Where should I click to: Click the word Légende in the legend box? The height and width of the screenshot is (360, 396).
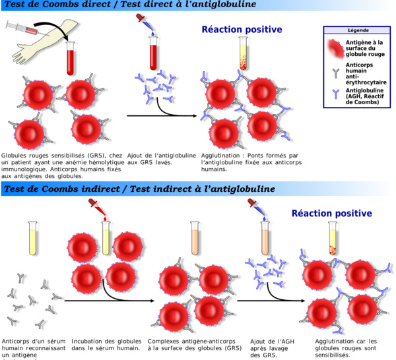click(x=355, y=30)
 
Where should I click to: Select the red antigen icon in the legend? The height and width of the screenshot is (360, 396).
click(x=337, y=48)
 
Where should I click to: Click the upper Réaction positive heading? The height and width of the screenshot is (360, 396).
click(x=242, y=30)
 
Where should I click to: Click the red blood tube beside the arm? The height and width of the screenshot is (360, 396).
click(x=69, y=59)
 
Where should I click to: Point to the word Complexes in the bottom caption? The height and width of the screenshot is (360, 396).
click(x=166, y=341)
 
